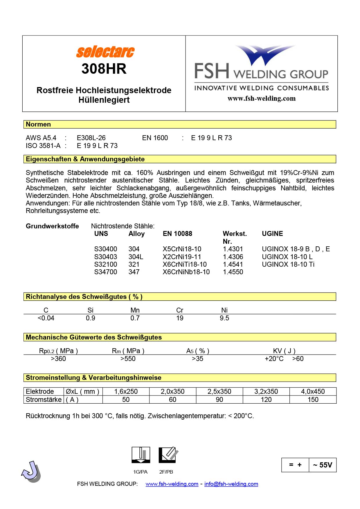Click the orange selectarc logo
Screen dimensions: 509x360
pos(105,52)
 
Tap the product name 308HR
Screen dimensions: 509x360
pos(104,69)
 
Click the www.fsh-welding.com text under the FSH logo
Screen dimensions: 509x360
pos(261,99)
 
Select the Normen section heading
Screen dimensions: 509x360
pos(38,124)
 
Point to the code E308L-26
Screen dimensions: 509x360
pos(91,138)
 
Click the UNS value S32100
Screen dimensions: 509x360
pos(105,264)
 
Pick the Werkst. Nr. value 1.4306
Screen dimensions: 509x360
pos(233,257)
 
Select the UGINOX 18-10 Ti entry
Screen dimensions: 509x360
pos(288,264)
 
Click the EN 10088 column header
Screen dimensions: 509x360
pos(177,234)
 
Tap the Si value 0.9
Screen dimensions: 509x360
pos(90,318)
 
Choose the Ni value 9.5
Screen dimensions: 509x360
pos(224,318)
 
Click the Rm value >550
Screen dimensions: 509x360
pos(128,359)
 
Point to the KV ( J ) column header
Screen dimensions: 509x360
pos(284,351)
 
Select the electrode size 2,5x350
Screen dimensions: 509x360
pos(219,391)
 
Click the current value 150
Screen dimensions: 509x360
pos(313,400)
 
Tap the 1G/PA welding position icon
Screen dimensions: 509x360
pos(141,455)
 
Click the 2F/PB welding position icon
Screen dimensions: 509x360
pos(168,455)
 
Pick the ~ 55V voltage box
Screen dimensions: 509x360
pos(323,465)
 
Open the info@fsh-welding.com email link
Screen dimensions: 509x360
pos(231,484)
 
